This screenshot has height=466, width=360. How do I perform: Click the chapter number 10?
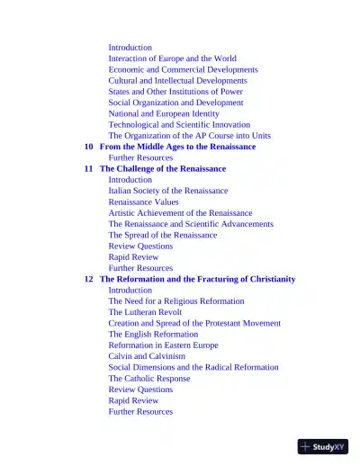88,147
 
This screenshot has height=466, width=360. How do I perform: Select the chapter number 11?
88,169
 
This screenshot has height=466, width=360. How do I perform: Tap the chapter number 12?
88,280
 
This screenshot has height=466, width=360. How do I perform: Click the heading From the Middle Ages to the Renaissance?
177,147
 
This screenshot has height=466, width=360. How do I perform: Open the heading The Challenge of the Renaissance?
162,169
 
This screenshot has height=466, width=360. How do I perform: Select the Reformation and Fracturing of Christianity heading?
197,280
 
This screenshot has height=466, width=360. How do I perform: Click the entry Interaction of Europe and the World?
172,58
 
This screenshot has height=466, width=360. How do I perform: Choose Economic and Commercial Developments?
183,69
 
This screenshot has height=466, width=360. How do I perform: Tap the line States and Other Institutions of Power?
175,92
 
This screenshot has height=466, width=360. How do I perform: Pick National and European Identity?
163,114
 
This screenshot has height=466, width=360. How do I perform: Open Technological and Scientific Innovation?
179,125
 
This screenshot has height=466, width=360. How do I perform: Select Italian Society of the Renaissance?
167,191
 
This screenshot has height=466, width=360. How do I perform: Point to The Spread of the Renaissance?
162,236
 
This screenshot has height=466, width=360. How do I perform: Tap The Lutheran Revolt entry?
145,312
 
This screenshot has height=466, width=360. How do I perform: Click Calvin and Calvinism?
147,356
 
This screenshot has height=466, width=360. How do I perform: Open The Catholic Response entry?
148,379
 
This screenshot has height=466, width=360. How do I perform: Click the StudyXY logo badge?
322,446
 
